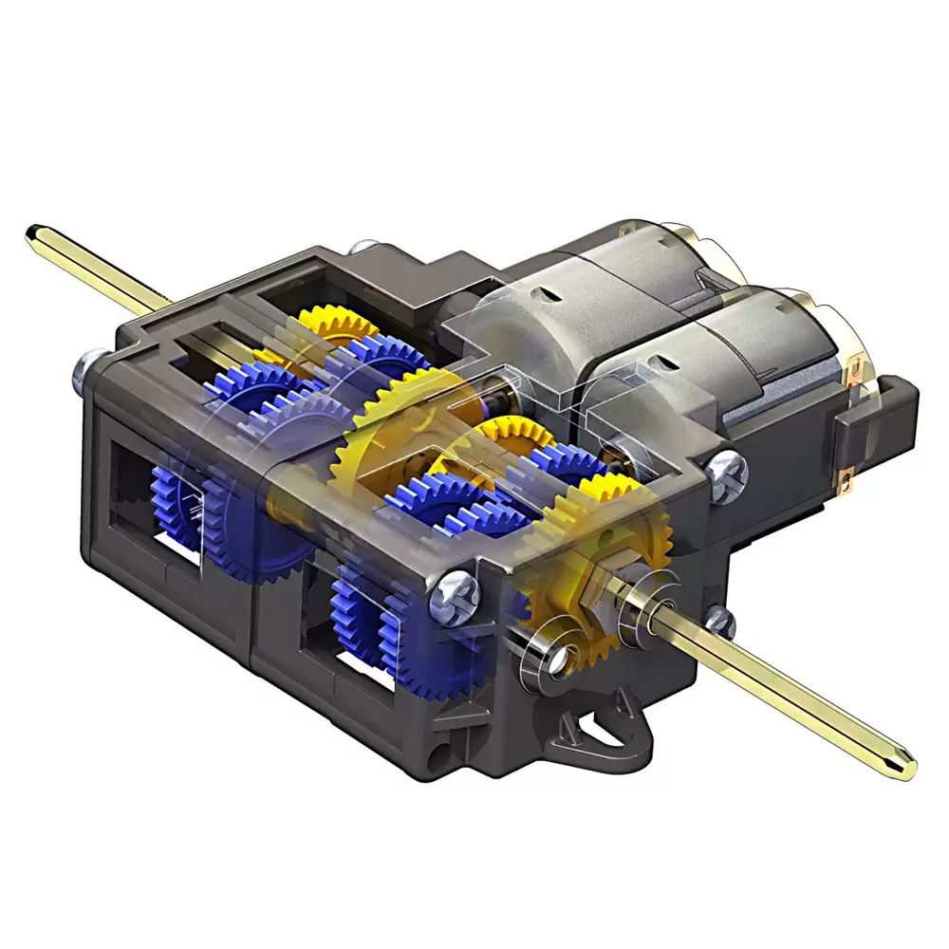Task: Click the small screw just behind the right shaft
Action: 719,622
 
